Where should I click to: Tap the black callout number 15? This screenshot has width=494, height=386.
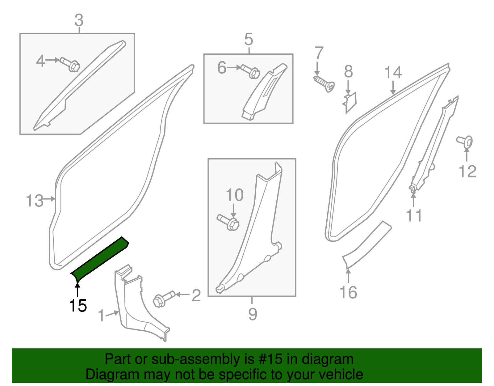point(78,306)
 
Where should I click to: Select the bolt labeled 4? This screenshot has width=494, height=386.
point(70,64)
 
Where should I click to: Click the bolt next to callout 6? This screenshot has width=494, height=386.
point(251,71)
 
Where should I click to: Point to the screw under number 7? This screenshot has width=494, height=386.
point(324,83)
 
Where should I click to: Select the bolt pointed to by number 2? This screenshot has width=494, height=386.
point(164,299)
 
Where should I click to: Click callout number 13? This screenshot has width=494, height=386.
point(35,201)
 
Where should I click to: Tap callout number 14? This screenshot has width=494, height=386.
point(393,73)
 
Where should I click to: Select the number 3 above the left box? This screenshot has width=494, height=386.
point(79,20)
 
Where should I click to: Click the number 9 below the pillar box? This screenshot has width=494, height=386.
point(252,314)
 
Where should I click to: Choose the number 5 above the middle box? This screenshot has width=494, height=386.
point(249,40)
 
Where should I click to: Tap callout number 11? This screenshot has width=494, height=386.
point(414,215)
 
